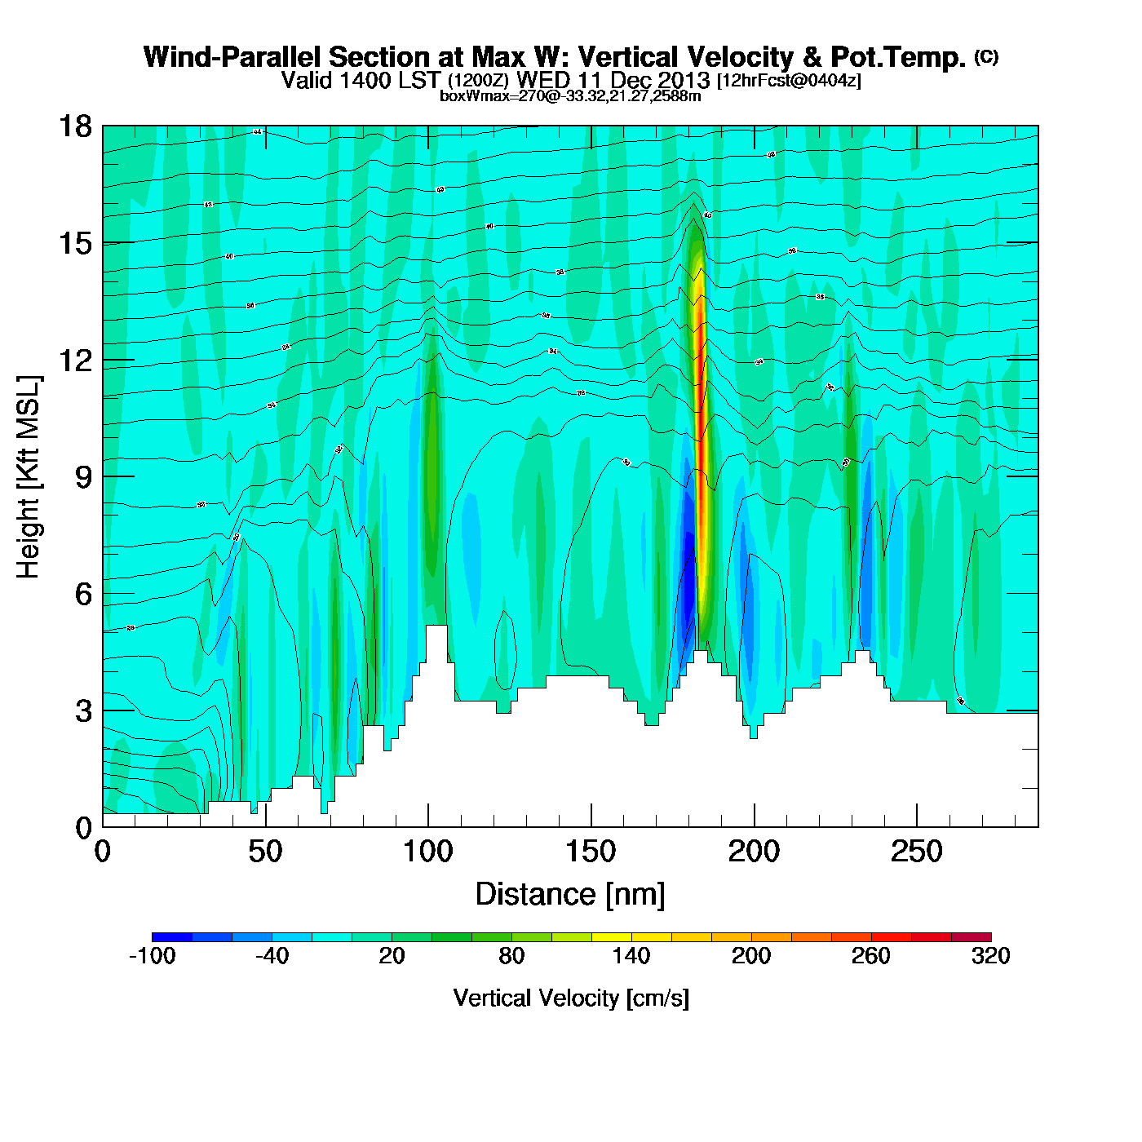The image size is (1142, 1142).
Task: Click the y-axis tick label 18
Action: (x=74, y=126)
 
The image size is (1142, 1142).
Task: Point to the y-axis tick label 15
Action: (x=74, y=243)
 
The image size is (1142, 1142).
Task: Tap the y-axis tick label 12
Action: (x=74, y=360)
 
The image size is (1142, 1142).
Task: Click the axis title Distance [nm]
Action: (x=570, y=895)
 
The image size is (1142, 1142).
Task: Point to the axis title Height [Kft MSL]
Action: (x=29, y=477)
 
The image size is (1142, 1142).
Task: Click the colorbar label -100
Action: (x=152, y=956)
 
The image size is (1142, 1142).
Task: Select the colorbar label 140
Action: (x=631, y=956)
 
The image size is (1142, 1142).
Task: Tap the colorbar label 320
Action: (x=990, y=956)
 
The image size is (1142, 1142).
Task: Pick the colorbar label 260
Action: (x=871, y=956)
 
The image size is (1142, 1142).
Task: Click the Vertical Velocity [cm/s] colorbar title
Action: (x=571, y=998)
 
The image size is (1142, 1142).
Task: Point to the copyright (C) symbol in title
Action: (x=986, y=56)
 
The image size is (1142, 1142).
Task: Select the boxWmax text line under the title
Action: (x=570, y=95)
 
